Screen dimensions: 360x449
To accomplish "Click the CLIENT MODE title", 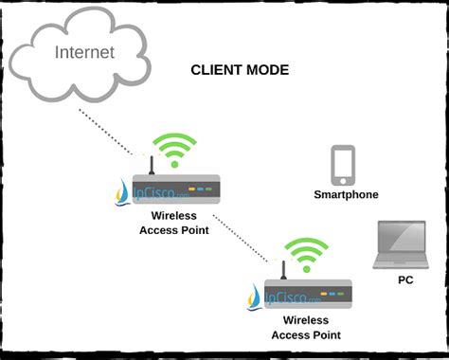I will click(240, 70).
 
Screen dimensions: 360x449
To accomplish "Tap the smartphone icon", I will click(343, 165).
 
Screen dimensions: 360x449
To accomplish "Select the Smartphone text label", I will click(346, 194).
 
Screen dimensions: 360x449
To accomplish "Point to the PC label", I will click(404, 279).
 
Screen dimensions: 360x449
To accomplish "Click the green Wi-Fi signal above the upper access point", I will click(175, 149).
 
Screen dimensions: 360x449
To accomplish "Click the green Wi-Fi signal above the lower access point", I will click(306, 253).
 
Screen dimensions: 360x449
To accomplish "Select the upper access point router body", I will click(181, 189).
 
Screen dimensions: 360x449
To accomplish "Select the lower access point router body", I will click(313, 294).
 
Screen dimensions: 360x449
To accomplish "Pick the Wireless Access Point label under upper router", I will click(174, 222).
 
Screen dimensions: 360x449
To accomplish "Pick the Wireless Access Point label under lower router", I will click(306, 328).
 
